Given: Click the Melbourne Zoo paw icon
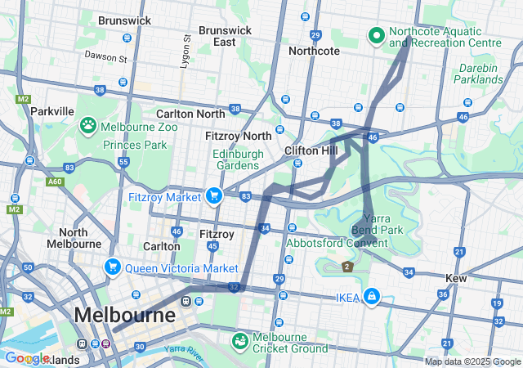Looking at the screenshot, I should coord(88,126).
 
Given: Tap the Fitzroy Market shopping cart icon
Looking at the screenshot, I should coord(213,195).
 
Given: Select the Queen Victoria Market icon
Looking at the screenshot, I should coord(112,267).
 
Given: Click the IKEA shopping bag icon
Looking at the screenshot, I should coord(371,295).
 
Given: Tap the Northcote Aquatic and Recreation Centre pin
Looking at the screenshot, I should coord(376,35).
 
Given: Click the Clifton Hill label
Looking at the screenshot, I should coord(311,151).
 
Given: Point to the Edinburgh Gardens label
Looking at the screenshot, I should coord(236,159).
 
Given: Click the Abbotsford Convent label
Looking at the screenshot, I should coord(336,242).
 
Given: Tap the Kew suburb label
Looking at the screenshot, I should coord(456,278).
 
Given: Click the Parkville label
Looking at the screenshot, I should coord(52,111).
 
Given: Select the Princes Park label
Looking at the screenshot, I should coord(135,145).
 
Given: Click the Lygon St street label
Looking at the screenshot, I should coord(186,50).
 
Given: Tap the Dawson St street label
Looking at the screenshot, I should coord(105,57).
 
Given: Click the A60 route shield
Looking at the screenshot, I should coord(55,182).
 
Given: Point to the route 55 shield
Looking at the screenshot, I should coord(124,162).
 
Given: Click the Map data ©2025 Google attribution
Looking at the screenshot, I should coord(472,361).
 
